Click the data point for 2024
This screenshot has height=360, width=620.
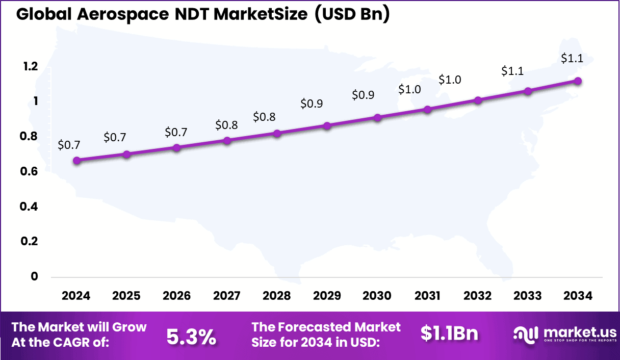76,160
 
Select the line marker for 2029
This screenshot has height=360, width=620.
327,125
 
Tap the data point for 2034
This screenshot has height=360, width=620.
578,81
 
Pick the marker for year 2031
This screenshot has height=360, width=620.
427,109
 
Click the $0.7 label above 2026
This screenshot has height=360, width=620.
176,133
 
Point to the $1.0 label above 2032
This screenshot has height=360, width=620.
450,80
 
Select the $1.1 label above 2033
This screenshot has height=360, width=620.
512,71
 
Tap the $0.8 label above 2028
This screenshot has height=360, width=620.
264,117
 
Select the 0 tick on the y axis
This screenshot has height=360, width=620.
35,276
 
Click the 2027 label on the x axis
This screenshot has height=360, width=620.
226,296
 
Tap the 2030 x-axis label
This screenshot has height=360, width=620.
377,296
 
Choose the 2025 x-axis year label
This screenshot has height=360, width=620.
126,296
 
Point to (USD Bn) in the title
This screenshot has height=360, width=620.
351,14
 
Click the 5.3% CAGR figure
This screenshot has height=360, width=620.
191,337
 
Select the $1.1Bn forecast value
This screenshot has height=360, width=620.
449,334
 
